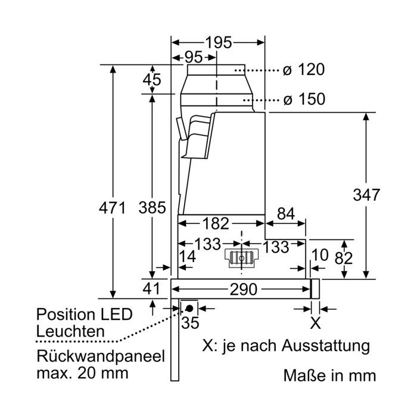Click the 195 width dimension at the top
pyautogui.click(x=219, y=42)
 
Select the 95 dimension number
pyautogui.click(x=194, y=57)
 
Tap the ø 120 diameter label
pyautogui.click(x=304, y=70)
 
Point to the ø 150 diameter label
pyautogui.click(x=304, y=99)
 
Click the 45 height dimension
pyautogui.click(x=152, y=79)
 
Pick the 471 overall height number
pyautogui.click(x=112, y=208)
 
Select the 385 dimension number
pyautogui.click(x=152, y=208)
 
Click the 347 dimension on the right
pyautogui.click(x=366, y=195)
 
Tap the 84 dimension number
pyautogui.click(x=286, y=213)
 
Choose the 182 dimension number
pyautogui.click(x=216, y=223)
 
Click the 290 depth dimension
pyautogui.click(x=243, y=289)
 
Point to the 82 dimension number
pyautogui.click(x=344, y=258)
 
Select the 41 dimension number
pyautogui.click(x=151, y=288)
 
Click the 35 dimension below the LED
pyautogui.click(x=190, y=323)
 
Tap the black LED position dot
pyautogui.click(x=189, y=309)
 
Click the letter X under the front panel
pyautogui.click(x=315, y=323)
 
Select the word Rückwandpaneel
pyautogui.click(x=101, y=356)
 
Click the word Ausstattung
pyautogui.click(x=326, y=346)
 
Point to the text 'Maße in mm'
pyautogui.click(x=330, y=375)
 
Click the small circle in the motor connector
pyautogui.click(x=241, y=258)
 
